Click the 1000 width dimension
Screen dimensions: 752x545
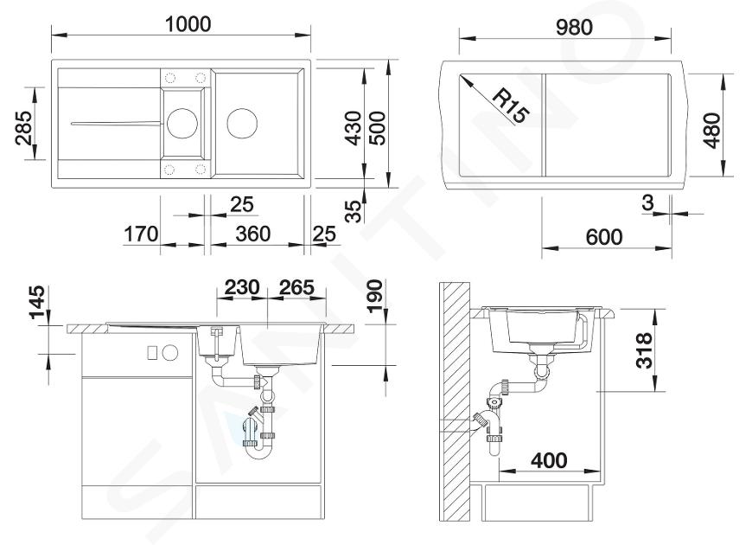[x=188, y=23]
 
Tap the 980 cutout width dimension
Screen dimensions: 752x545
[x=575, y=28]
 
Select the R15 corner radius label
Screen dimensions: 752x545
[x=511, y=106]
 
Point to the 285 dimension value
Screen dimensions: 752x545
[x=23, y=128]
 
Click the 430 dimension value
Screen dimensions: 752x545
[x=354, y=128]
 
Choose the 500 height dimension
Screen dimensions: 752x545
[x=378, y=128]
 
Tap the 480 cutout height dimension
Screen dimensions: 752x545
[x=712, y=131]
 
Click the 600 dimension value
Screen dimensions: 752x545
[x=604, y=237]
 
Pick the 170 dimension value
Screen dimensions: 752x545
[x=141, y=234]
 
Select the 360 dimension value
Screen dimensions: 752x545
[x=253, y=234]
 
